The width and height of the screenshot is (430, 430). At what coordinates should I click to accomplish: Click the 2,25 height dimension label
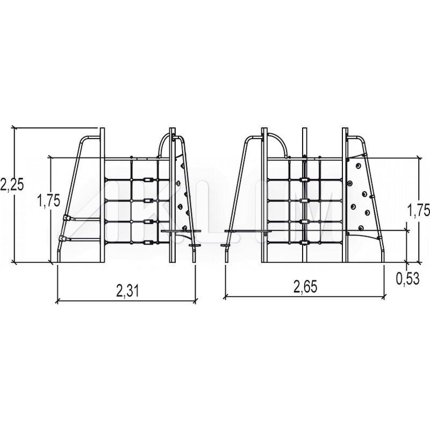pos(12,184)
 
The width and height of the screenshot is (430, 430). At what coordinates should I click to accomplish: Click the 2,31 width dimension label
pos(128,291)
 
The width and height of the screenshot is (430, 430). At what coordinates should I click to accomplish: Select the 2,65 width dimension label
pos(305,287)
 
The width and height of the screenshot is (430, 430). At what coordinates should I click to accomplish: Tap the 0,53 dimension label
pos(408,278)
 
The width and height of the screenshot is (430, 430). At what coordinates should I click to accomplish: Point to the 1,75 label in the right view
pos(418,211)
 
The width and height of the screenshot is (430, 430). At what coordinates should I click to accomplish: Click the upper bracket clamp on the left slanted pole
pos(66,218)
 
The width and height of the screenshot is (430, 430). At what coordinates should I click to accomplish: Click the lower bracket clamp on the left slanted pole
pos(62,238)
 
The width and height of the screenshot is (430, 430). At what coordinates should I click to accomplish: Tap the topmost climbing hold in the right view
pos(358,166)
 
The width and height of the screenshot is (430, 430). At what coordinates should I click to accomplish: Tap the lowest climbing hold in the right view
pos(361,227)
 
